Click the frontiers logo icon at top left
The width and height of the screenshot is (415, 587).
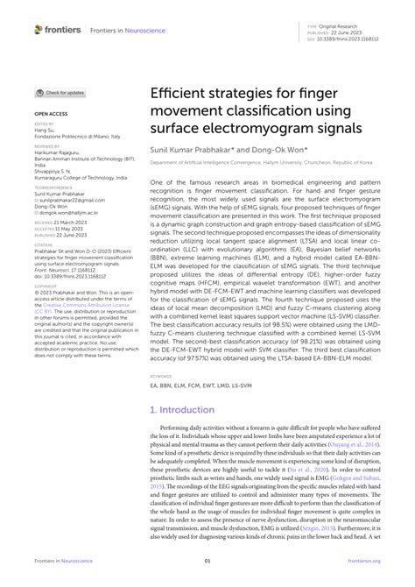click(39, 30)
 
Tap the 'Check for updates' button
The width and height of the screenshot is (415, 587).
click(61, 92)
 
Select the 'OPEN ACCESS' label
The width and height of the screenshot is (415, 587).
click(52, 114)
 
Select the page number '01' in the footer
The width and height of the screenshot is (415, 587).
click(207, 561)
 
